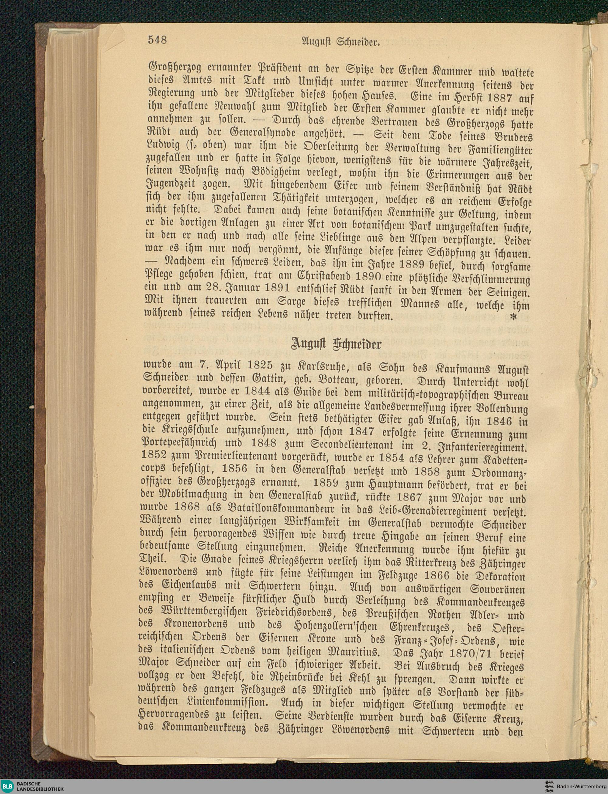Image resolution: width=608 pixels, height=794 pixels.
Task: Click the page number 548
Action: [157, 40]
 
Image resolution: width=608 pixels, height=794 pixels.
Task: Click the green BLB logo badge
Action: [8, 786]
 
